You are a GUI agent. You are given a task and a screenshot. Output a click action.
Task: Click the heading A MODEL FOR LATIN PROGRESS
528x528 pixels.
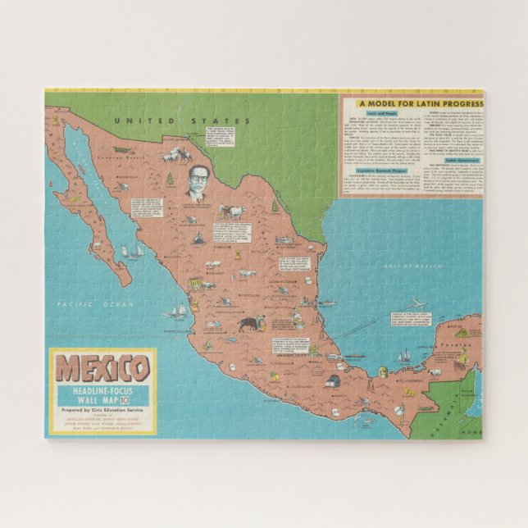pyautogui.click(x=418, y=104)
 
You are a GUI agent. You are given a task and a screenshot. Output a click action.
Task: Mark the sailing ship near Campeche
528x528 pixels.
pyautogui.click(x=403, y=355)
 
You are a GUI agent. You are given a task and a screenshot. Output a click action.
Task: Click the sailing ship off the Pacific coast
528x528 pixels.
pyautogui.click(x=177, y=311)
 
